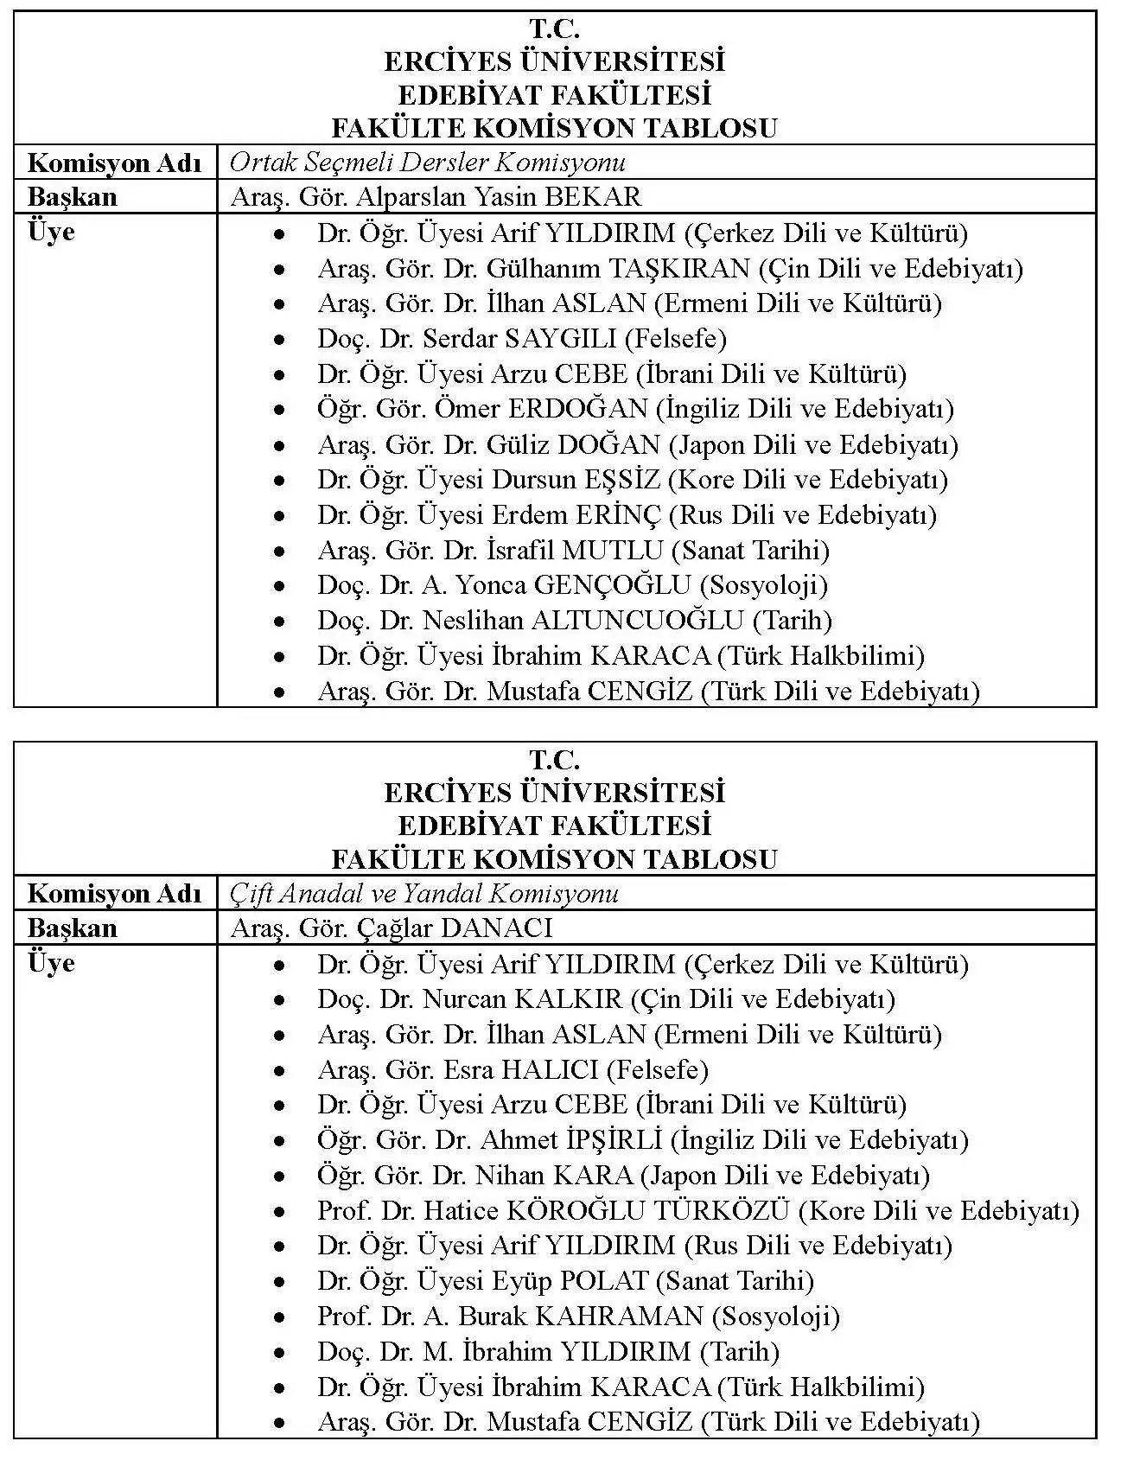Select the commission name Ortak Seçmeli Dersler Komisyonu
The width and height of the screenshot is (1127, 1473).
(x=428, y=163)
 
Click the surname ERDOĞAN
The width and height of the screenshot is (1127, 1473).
(x=577, y=409)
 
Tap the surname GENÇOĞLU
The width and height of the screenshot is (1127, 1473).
(x=612, y=585)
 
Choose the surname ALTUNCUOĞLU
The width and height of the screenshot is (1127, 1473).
(x=637, y=621)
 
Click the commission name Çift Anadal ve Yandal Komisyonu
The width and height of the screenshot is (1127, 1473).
(x=424, y=893)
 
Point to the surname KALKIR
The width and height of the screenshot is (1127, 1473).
(x=568, y=999)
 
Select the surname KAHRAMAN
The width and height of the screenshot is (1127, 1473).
(x=619, y=1317)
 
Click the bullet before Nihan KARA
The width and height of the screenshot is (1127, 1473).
(x=279, y=1176)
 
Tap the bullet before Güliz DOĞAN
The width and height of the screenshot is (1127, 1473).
(x=279, y=446)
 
